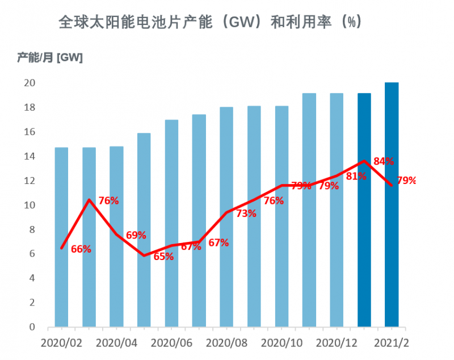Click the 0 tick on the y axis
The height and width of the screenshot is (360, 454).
coord(32,328)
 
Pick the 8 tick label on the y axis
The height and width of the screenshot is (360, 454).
coord(32,229)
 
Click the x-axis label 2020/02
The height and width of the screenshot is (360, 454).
coord(61,344)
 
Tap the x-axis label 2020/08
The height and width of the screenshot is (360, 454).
coord(226,344)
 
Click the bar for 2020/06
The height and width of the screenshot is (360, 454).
coord(171,224)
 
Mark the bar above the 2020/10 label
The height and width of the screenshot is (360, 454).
coord(281,216)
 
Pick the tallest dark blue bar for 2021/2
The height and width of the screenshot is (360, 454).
coord(392,205)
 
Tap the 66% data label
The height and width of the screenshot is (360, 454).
coord(81,249)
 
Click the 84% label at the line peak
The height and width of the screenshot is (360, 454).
coord(384,161)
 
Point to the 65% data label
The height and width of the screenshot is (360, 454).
coord(163,256)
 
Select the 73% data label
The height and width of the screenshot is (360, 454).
coord(246,214)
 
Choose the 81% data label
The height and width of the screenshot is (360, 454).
coord(356,176)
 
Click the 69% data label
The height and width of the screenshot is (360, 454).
coord(136,235)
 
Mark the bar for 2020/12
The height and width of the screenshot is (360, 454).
coord(337,210)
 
